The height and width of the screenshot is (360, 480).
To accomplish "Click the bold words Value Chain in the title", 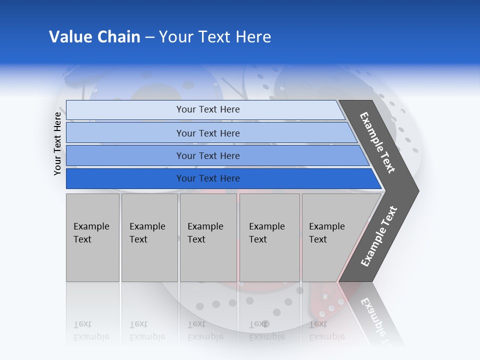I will pos(94,37).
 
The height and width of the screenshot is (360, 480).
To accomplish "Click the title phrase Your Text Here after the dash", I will pos(215,37).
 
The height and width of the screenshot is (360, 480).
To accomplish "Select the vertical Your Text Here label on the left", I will pos(57,143).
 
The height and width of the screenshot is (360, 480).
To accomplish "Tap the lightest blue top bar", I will pos(125,110).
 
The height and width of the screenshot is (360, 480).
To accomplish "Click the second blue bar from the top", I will pos(125,133).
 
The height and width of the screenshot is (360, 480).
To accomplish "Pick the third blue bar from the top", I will pos(125,155).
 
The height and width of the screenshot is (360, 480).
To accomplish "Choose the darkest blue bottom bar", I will pos(125,178).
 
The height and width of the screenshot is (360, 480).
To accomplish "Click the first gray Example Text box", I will pos(92,237).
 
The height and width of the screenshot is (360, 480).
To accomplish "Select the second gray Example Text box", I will pos(149,237).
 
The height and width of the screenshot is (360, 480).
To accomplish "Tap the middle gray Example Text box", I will pos(208,237).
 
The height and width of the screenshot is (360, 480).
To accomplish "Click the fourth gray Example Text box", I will pos(269,237).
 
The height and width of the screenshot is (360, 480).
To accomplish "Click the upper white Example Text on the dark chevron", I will pos(377,142).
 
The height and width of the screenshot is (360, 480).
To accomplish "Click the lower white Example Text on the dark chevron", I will pos(379,236).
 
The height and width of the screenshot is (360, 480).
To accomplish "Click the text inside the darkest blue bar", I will pos(208,178).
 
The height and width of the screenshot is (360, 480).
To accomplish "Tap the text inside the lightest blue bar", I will pos(208,109).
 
